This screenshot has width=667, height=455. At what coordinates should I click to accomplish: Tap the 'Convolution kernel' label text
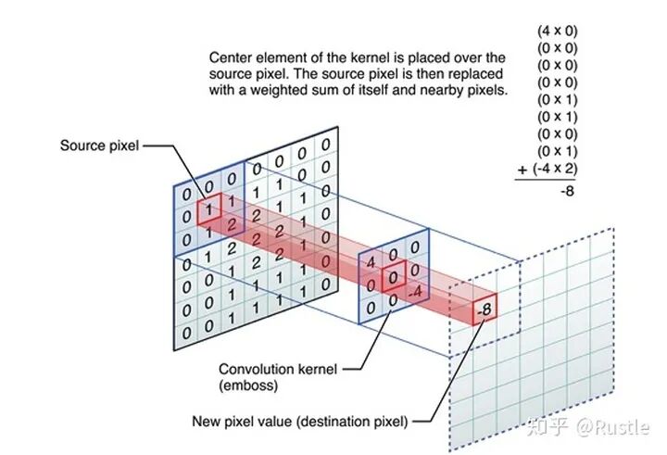pos(270,368)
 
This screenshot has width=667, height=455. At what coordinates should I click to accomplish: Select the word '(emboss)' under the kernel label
pos(244,385)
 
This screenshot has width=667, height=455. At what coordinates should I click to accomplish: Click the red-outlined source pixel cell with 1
pos(210,209)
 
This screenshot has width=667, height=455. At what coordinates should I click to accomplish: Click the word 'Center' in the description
pos(231,57)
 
